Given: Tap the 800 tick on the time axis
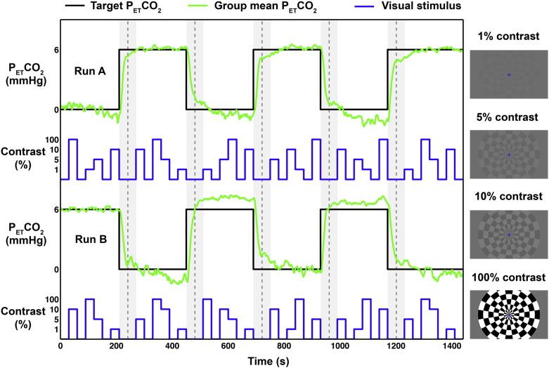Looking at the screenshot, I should [283, 347].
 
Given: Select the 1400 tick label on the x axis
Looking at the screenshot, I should [451, 347].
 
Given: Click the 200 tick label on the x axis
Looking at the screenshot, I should [116, 347].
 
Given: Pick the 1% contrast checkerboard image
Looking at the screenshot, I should [508, 74].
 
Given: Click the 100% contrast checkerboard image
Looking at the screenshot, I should [508, 313].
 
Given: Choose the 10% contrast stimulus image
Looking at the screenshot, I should [508, 234].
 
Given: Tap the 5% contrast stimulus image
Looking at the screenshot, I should [508, 154].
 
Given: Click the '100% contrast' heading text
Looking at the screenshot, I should [508, 276].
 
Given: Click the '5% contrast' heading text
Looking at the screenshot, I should [508, 117].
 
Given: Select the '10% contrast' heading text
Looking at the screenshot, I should [508, 196].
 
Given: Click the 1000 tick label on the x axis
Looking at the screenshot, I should [340, 347].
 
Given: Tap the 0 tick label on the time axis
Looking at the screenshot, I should [60, 347].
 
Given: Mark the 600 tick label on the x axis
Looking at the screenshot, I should [228, 347].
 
